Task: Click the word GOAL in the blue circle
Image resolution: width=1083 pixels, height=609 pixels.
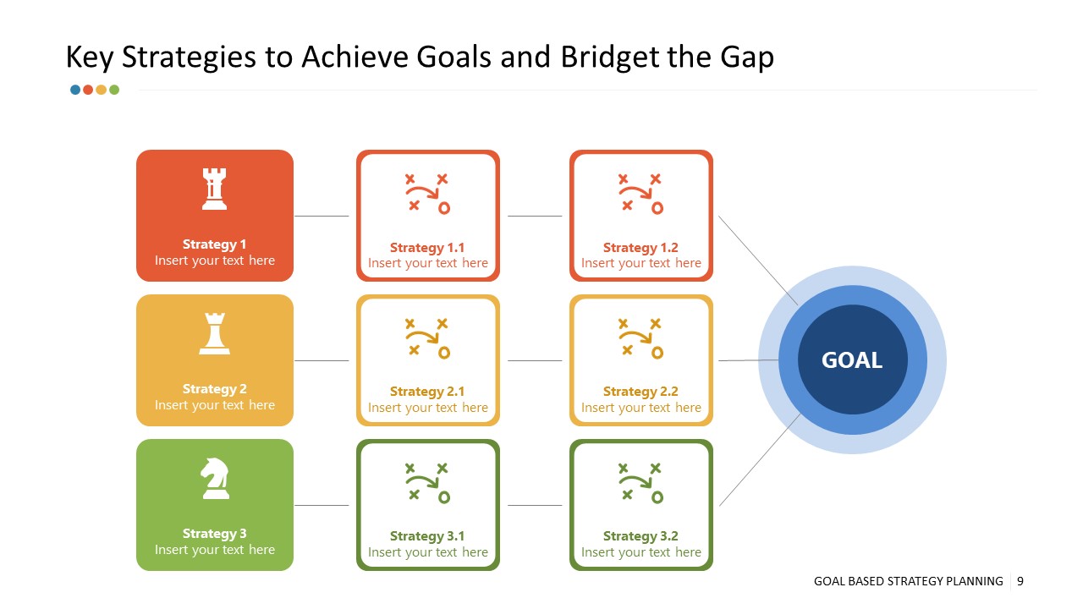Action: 852,360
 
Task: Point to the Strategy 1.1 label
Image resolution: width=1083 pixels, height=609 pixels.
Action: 427,248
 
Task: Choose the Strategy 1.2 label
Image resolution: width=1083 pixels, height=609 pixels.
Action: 640,248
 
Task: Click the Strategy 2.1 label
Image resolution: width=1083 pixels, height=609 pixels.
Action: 427,392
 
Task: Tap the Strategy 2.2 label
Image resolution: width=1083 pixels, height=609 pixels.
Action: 640,392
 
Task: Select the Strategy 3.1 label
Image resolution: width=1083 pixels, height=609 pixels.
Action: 427,536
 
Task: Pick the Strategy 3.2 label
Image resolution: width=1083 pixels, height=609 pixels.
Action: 640,536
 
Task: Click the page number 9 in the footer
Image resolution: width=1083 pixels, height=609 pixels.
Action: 1020,581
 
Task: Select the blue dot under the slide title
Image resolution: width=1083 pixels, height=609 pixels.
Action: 75,90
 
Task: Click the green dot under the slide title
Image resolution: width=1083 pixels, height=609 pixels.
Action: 114,90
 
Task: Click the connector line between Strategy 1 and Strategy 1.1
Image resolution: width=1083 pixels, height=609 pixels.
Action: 322,217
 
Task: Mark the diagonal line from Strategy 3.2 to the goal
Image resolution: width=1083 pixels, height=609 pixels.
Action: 759,461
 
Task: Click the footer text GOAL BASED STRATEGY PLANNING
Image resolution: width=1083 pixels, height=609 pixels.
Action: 908,581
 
